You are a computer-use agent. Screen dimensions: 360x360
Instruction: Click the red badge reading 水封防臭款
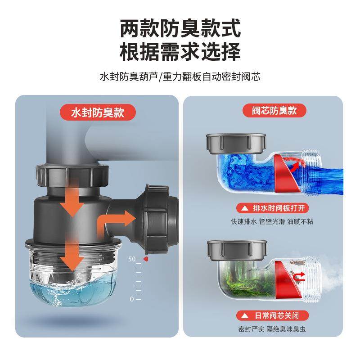[x=98, y=112]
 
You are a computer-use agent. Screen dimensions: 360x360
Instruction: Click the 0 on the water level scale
[x=132, y=299]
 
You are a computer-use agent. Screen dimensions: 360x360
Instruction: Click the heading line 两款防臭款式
[x=180, y=28]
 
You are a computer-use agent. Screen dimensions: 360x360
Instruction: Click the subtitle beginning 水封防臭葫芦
[x=180, y=76]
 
